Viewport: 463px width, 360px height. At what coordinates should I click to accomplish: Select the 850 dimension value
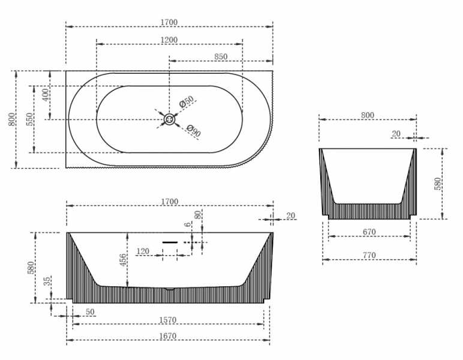[x=221, y=56]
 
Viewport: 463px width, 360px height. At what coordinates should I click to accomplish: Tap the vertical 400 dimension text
[x=44, y=95]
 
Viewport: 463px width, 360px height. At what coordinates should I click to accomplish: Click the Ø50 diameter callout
[x=187, y=103]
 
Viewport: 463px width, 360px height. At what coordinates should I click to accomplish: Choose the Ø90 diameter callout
[x=193, y=130]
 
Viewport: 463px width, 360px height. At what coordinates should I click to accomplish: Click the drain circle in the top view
[x=170, y=119]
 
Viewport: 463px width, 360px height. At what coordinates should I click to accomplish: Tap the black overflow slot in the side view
[x=170, y=242]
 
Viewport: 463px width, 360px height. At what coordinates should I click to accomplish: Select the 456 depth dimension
[x=123, y=260]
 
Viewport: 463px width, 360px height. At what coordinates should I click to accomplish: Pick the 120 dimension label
[x=143, y=251]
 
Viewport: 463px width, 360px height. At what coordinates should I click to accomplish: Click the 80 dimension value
[x=197, y=215]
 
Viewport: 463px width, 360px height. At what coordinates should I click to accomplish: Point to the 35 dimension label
[x=47, y=282]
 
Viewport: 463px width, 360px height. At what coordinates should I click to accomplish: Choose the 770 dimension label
[x=369, y=256]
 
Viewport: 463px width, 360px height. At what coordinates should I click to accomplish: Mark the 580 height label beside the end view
[x=437, y=182]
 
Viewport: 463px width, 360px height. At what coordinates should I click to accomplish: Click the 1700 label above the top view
[x=170, y=22]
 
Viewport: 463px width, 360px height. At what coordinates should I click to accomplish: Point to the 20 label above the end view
[x=396, y=133]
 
